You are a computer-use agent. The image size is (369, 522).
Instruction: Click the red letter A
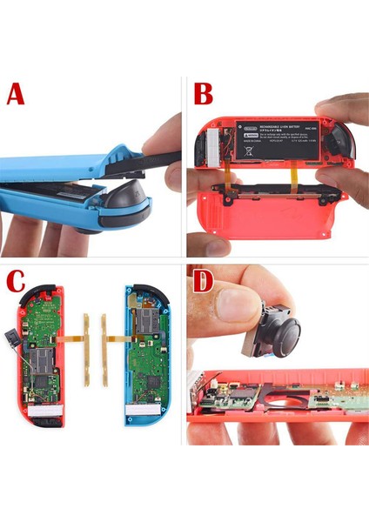click(16, 93)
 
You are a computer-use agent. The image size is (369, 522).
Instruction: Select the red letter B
click(204, 93)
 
